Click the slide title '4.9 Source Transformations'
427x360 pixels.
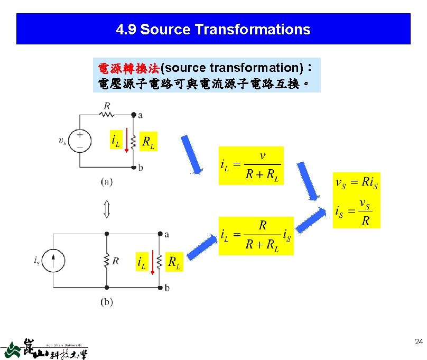click(213, 29)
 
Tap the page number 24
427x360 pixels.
click(419, 343)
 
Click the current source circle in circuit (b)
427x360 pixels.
click(59, 261)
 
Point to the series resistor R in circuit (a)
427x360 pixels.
click(107, 113)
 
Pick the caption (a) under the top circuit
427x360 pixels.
click(107, 182)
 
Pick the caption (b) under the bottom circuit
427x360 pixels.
click(107, 302)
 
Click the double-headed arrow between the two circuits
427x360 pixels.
click(106, 209)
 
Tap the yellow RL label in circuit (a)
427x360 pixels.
click(148, 141)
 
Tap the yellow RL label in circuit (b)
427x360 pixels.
click(174, 262)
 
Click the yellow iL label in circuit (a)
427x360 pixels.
click(115, 141)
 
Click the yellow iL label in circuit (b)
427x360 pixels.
click(142, 262)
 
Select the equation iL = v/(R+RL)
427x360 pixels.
click(251, 165)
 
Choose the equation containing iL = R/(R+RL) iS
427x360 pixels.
click(256, 236)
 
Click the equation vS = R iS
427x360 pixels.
click(357, 183)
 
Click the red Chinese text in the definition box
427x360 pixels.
click(129, 68)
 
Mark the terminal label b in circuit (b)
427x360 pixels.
click(167, 288)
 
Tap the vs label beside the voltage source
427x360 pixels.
click(62, 141)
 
